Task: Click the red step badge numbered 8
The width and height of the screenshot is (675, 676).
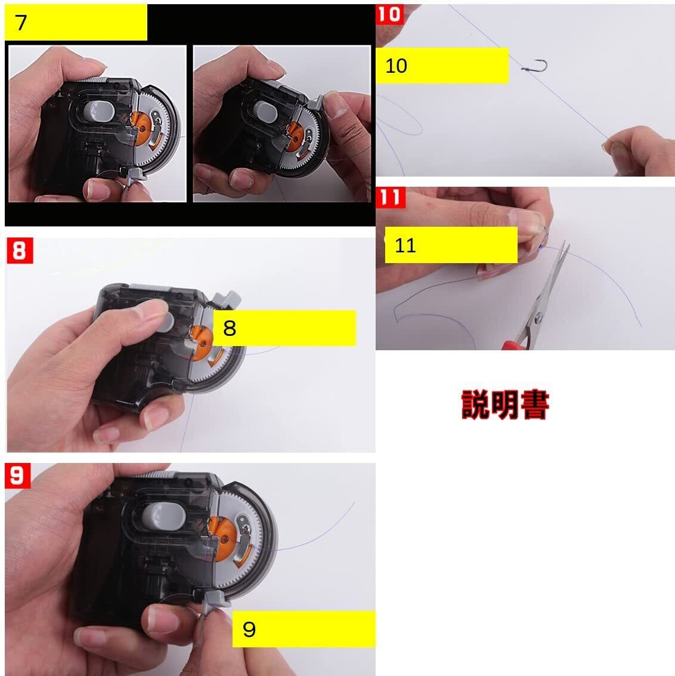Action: coord(20,251)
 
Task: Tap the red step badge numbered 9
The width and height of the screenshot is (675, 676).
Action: coord(18,476)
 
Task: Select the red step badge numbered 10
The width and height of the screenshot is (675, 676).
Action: coord(390,14)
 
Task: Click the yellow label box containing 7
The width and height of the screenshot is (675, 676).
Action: coord(76,23)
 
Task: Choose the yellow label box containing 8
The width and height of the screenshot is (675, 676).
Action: coord(285,328)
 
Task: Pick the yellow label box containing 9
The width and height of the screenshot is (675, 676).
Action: coord(304,629)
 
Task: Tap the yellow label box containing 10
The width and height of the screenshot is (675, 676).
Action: coord(442,66)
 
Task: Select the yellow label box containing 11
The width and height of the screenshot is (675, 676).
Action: coord(451,245)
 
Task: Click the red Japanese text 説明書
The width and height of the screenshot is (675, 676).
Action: coord(505,405)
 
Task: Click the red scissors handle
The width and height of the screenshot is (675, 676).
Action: coord(515,345)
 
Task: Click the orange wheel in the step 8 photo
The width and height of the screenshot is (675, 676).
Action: coord(202,342)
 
